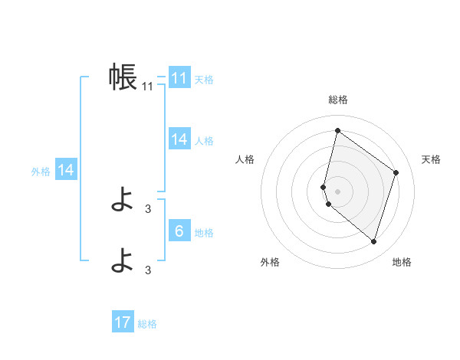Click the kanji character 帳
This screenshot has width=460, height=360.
pos(123,77)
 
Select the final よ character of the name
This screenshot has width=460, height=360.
pos(123,261)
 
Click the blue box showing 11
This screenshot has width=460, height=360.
pos(179,78)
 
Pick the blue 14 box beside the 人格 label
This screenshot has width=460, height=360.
pos(179,139)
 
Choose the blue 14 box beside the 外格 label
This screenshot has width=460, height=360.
pos(66,170)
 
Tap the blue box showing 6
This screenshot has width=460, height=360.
pos(179,231)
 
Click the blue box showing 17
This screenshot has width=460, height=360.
pos(123,322)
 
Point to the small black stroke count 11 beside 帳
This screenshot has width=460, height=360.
pos(148,87)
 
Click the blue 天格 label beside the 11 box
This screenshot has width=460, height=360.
pos(204,80)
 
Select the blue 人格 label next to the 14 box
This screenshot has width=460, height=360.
pos(204,141)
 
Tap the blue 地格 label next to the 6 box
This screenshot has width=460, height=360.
pos(204,233)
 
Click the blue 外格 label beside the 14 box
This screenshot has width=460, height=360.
pos(41,172)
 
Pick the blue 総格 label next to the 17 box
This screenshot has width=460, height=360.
pos(147,324)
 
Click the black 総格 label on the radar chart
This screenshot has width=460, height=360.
pos(337,100)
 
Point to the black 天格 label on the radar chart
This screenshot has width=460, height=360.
pos(432,159)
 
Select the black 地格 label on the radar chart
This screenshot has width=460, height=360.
pos(402,262)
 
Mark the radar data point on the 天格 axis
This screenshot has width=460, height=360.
pos(396,172)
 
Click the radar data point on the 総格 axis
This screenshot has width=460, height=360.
pos(337,131)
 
